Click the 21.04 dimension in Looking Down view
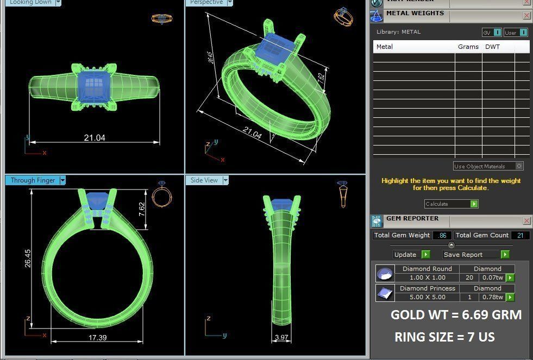tap(95, 138)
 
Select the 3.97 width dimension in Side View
tap(281, 338)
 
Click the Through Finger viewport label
tap(33, 180)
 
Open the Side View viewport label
tap(204, 180)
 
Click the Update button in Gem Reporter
tap(405, 255)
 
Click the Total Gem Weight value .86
tap(442, 235)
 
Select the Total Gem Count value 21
tap(520, 235)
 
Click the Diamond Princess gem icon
tap(385, 293)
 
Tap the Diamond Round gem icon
tap(385, 273)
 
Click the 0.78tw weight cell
tap(492, 297)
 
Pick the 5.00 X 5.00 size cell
tap(427, 297)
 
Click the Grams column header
tap(468, 47)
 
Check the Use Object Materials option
tap(519, 166)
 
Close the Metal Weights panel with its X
tap(526, 16)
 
